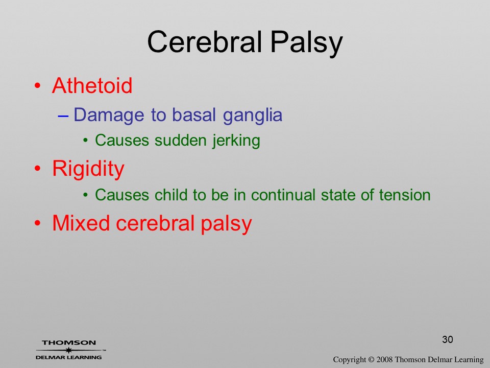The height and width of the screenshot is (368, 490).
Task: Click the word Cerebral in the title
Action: pos(204,42)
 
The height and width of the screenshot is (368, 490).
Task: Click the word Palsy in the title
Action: pos(306,44)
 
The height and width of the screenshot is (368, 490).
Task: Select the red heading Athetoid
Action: pos(92,85)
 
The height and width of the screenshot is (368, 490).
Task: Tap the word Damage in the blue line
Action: pos(109,116)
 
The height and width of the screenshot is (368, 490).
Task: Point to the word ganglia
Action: pos(253,116)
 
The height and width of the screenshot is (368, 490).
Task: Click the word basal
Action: pos(194,114)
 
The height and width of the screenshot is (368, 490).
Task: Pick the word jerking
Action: pos(236,141)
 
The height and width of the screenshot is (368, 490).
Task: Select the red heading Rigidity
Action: pos(88,169)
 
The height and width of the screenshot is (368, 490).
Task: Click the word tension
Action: pos(405,195)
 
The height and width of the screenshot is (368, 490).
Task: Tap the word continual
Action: pos(283,195)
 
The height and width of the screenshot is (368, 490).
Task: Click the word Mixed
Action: pos(81,223)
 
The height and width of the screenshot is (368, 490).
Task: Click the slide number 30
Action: pos(448,339)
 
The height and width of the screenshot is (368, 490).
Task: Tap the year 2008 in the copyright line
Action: pos(384,359)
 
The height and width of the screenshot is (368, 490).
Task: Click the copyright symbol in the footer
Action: pos(371,359)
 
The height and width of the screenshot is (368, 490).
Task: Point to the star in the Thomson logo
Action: pos(68,350)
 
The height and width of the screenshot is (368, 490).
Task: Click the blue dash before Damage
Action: pos(63,116)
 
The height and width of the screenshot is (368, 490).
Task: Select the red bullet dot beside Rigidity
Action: pos(37,169)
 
